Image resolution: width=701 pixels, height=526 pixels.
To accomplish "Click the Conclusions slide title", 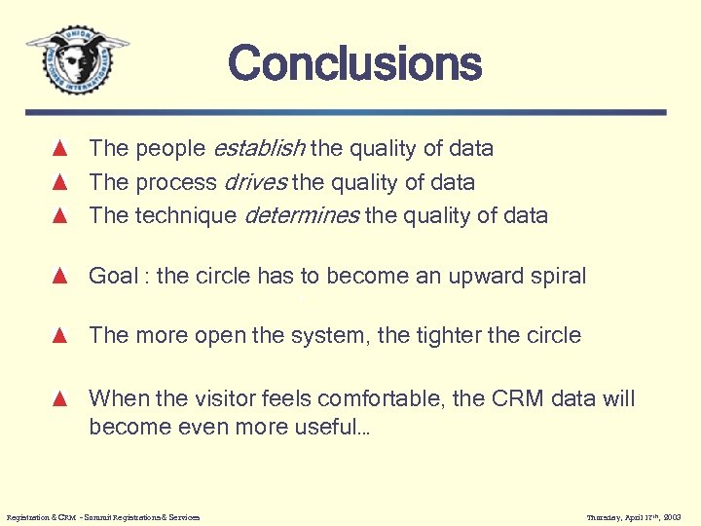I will (x=354, y=64).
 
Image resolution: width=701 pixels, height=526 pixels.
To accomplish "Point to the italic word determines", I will (x=301, y=215).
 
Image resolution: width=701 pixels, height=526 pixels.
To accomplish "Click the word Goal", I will (x=113, y=276).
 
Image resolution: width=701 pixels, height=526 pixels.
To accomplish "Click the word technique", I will (x=183, y=215).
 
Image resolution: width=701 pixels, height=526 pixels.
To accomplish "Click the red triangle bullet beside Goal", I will (x=59, y=276).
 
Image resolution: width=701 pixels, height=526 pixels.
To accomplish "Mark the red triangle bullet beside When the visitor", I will (x=59, y=398).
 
